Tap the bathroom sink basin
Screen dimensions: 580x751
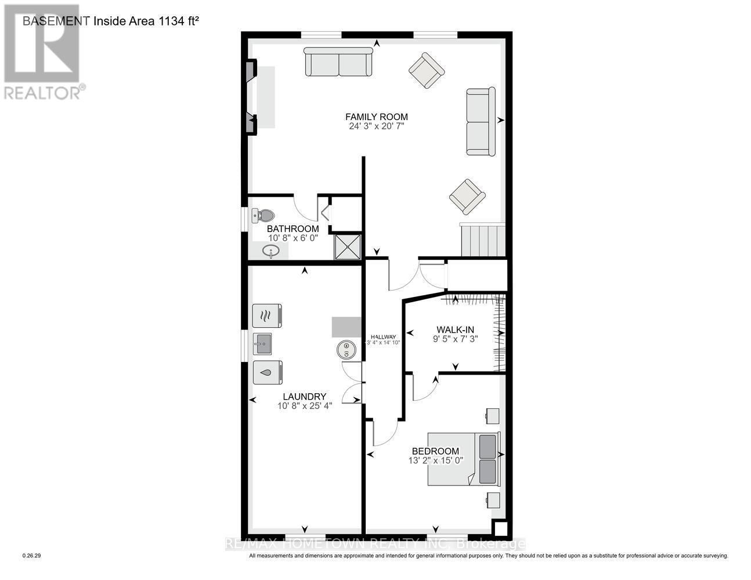pos(270,251)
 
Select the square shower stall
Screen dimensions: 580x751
pos(347,246)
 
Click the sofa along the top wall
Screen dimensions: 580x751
pos(338,62)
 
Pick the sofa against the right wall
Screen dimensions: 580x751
pos(481,122)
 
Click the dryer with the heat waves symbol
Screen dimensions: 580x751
pos(267,316)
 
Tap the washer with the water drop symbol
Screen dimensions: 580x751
pos(267,372)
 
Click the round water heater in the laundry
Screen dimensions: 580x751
pos(346,350)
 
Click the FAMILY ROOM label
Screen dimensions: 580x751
pos(377,117)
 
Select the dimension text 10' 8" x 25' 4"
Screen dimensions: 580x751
pos(305,406)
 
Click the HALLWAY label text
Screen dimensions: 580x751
pos(383,336)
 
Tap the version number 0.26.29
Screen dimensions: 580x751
pos(32,556)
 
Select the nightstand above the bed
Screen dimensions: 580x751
pos(492,416)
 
